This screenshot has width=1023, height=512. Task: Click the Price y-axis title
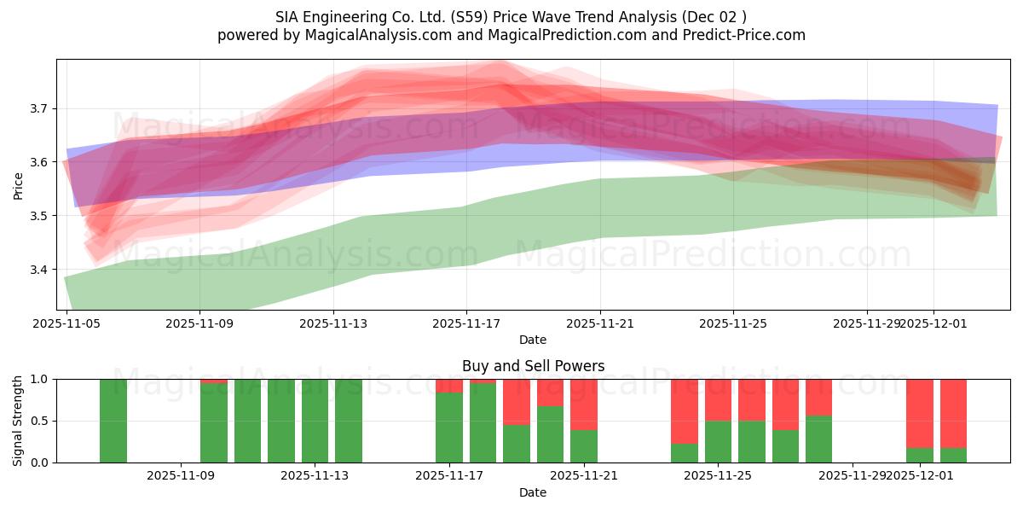click(18, 185)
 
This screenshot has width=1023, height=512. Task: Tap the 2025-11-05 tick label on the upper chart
click(66, 324)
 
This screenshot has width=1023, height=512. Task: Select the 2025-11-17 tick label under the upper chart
click(466, 324)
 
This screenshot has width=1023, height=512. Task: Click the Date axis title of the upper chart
click(533, 340)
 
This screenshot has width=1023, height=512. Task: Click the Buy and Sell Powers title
click(533, 366)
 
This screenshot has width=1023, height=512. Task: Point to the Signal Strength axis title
click(18, 421)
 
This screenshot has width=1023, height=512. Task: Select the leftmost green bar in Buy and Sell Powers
click(113, 421)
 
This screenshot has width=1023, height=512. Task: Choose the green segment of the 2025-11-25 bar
click(718, 441)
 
